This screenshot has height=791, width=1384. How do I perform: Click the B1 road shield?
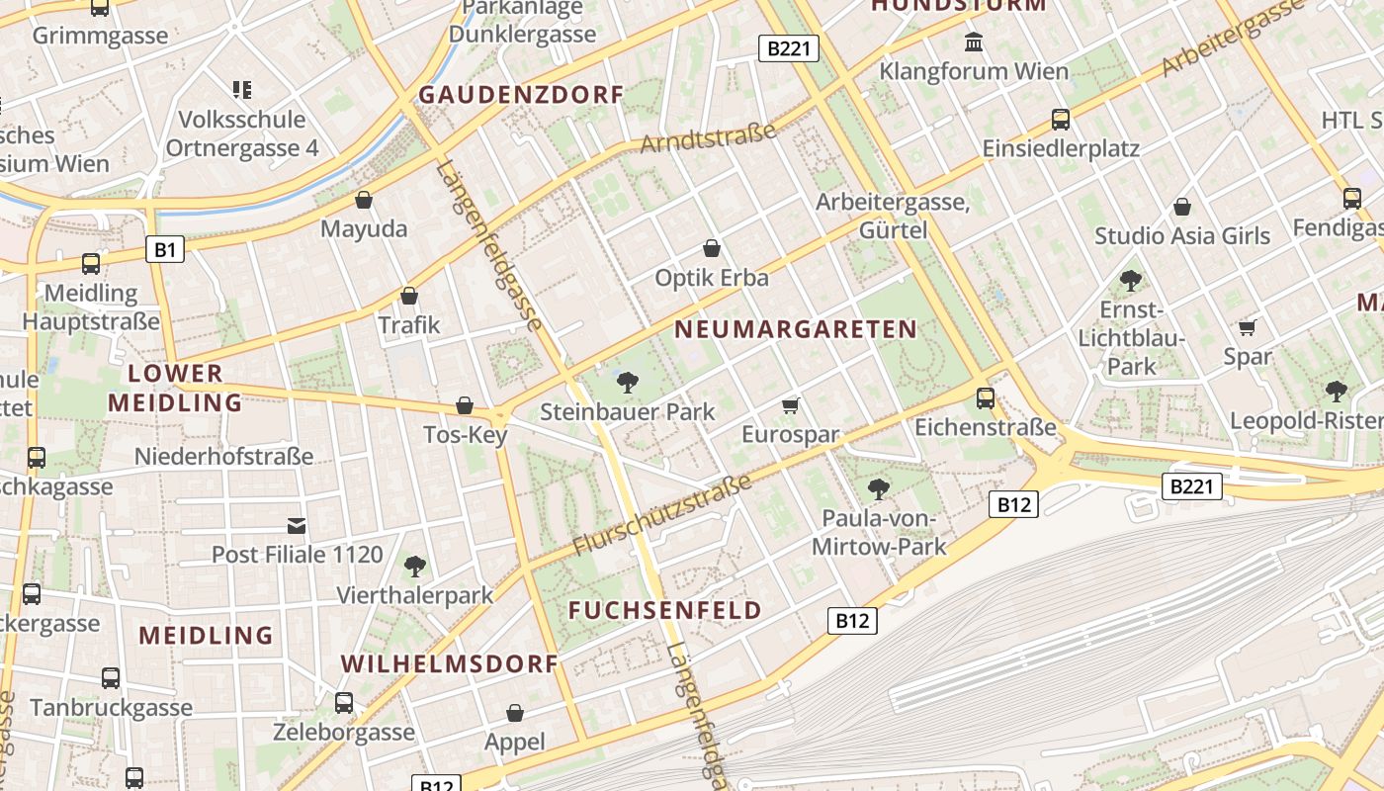(165, 249)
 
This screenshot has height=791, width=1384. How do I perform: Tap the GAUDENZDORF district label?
(521, 95)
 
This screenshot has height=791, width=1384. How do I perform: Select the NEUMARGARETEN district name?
(796, 330)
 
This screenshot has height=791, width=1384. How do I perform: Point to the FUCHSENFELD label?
(665, 610)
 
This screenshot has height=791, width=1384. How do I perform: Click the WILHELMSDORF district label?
(451, 663)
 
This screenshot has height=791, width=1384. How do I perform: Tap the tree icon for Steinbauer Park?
(627, 383)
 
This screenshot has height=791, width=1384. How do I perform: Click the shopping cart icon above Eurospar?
(790, 405)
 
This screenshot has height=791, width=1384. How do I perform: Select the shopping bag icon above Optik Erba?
(711, 248)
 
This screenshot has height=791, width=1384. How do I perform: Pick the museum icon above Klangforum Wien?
(974, 43)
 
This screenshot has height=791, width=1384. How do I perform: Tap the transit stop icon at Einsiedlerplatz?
(1061, 120)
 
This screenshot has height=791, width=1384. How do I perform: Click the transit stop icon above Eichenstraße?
(986, 398)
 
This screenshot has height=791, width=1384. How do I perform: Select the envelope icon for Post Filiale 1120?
(297, 525)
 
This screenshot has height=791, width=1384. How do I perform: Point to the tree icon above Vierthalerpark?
(415, 567)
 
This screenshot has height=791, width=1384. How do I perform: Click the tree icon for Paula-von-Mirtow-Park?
(878, 488)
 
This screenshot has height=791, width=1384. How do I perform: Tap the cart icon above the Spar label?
(1248, 327)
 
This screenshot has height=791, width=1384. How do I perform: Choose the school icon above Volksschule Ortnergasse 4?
(242, 90)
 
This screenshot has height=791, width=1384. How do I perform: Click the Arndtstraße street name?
(708, 138)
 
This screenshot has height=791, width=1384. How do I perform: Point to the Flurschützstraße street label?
(662, 514)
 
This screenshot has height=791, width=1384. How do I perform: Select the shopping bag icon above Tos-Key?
(465, 405)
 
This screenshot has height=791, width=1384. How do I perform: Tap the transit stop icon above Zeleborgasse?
(344, 703)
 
